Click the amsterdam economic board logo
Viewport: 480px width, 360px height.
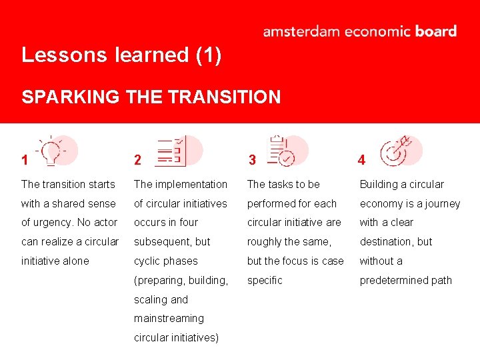click(x=359, y=31)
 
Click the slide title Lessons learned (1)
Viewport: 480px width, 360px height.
click(x=121, y=55)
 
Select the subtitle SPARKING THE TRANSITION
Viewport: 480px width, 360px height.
click(x=151, y=97)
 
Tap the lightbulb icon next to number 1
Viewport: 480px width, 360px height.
click(x=52, y=151)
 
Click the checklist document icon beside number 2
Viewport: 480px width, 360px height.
click(x=172, y=151)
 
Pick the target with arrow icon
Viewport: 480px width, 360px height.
click(x=395, y=151)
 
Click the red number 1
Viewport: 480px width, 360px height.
click(x=25, y=160)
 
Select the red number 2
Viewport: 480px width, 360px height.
click(x=137, y=160)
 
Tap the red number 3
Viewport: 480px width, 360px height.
click(x=252, y=160)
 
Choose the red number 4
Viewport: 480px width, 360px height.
click(x=361, y=160)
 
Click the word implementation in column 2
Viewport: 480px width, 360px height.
click(x=191, y=184)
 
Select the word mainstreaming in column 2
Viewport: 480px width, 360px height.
click(x=169, y=319)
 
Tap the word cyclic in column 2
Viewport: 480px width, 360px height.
click(x=148, y=261)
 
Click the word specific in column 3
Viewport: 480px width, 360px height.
click(x=265, y=280)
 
